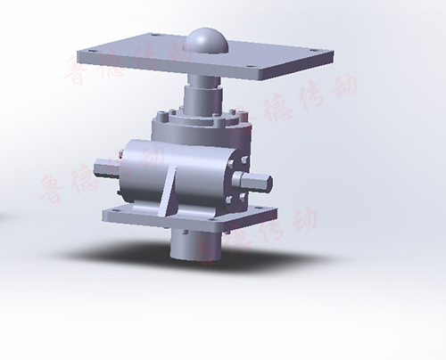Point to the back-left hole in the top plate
coord(152,36)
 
